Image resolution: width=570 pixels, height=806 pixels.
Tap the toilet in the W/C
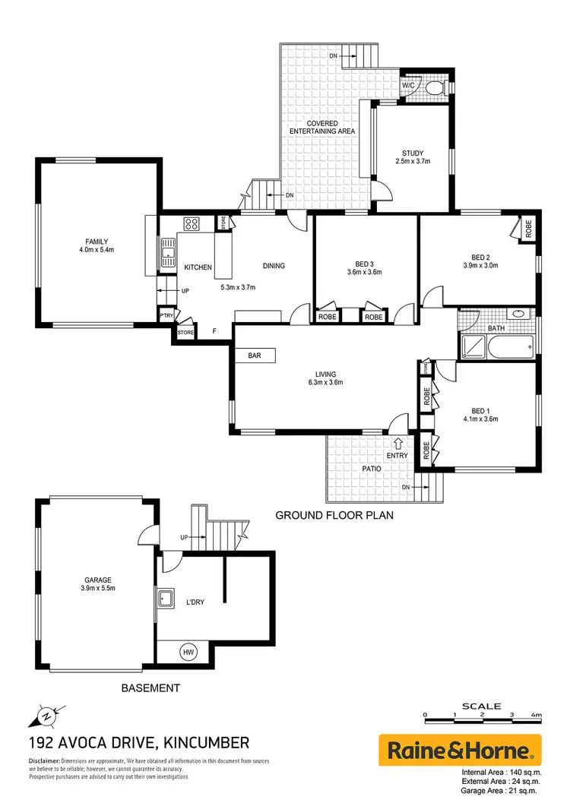434,88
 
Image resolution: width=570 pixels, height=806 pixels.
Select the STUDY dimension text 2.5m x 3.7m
413,161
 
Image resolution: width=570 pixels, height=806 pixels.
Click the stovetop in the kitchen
191,224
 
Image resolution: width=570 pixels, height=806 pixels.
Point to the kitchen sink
166,250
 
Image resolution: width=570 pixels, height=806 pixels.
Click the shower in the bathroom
473,348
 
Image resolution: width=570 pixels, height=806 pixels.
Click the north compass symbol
46,715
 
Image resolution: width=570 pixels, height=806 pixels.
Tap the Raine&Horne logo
459,751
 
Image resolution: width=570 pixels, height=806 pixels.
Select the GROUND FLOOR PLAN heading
334,514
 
